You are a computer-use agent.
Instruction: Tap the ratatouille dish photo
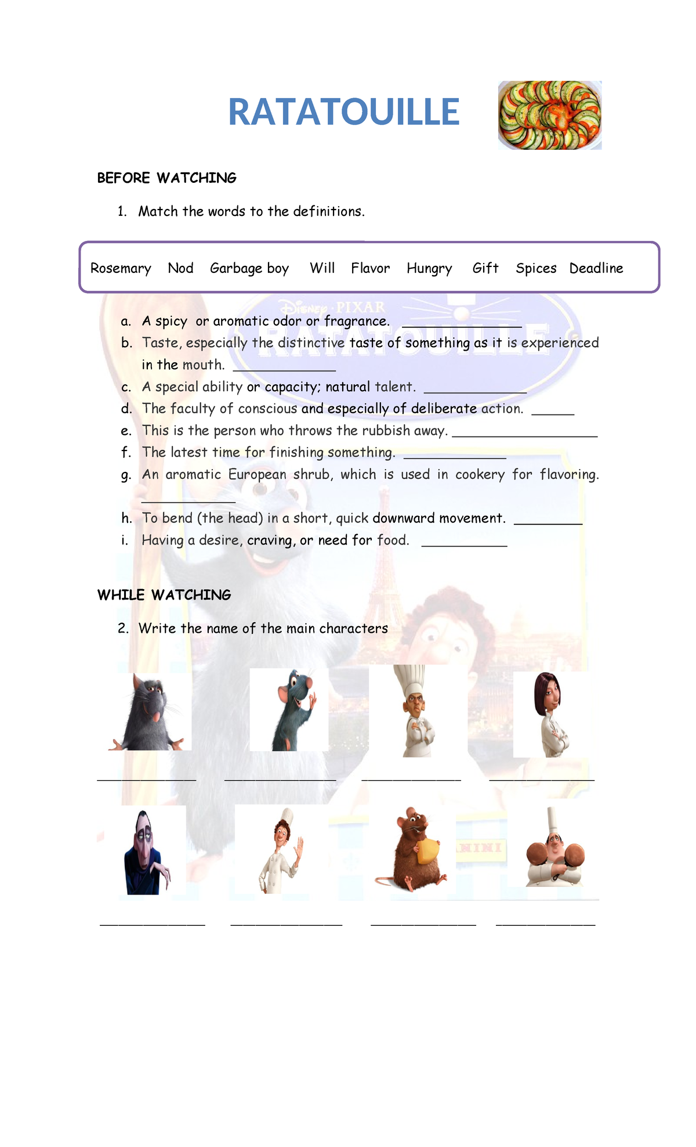point(550,115)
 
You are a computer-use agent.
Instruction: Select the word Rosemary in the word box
point(121,268)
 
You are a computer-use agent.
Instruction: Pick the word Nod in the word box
point(180,268)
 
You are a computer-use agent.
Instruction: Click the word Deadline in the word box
point(596,268)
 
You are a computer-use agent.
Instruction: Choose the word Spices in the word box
point(536,268)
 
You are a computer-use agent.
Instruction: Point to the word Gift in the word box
point(485,268)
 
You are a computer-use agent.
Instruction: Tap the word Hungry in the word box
point(429,268)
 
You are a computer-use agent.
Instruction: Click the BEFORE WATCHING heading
point(167,178)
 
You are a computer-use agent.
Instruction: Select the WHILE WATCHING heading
point(164,595)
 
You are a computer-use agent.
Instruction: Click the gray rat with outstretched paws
point(149,712)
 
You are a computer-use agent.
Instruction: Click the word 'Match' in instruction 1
point(158,211)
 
